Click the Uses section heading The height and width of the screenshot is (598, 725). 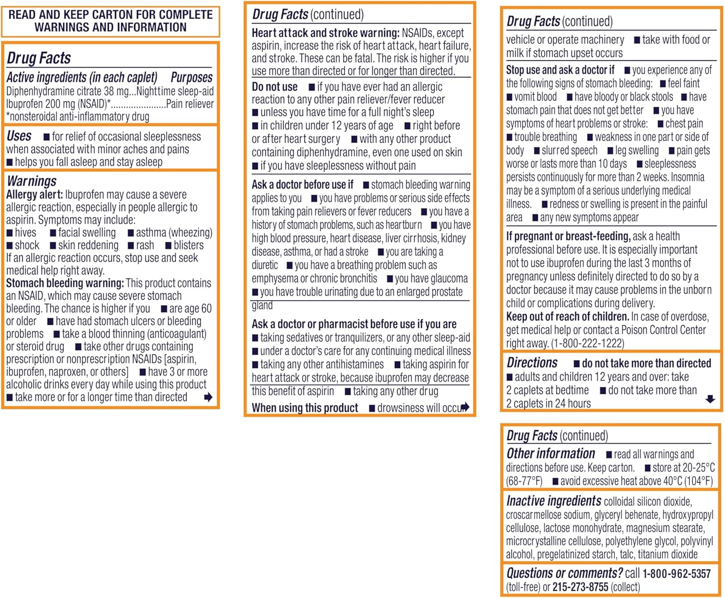click(x=19, y=136)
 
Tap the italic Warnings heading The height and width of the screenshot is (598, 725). click(x=31, y=181)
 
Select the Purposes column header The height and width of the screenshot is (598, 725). click(x=191, y=77)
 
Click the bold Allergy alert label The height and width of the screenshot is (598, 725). click(x=34, y=195)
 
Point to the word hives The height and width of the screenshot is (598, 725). click(x=25, y=233)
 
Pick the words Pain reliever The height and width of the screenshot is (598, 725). click(x=189, y=104)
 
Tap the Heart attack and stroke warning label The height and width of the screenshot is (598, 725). click(x=325, y=33)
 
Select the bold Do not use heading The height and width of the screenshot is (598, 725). click(x=275, y=87)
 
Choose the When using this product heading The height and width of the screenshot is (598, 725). click(x=304, y=408)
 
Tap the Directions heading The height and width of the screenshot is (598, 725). click(x=532, y=363)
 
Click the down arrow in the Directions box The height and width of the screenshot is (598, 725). click(x=710, y=399)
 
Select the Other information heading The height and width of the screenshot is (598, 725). click(x=551, y=453)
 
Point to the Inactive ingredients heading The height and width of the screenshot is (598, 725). click(x=553, y=501)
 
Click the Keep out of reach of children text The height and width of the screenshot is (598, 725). click(x=567, y=317)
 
